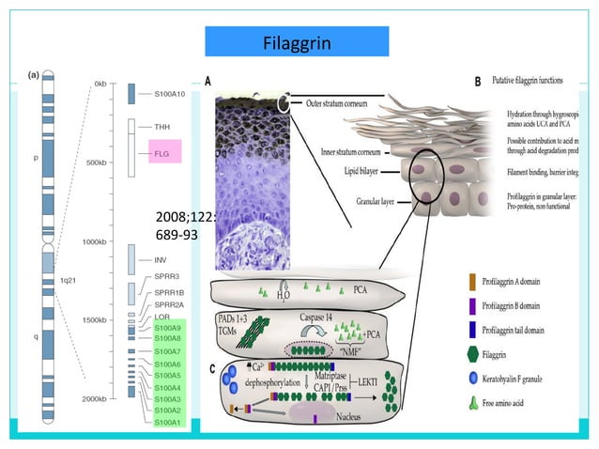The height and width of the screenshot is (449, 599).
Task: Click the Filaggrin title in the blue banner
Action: [x=299, y=43]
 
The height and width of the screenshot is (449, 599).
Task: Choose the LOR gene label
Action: [x=162, y=317]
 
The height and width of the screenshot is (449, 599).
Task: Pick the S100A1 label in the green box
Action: [x=169, y=422]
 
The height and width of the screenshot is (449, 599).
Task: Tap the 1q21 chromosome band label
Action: [x=68, y=280]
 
